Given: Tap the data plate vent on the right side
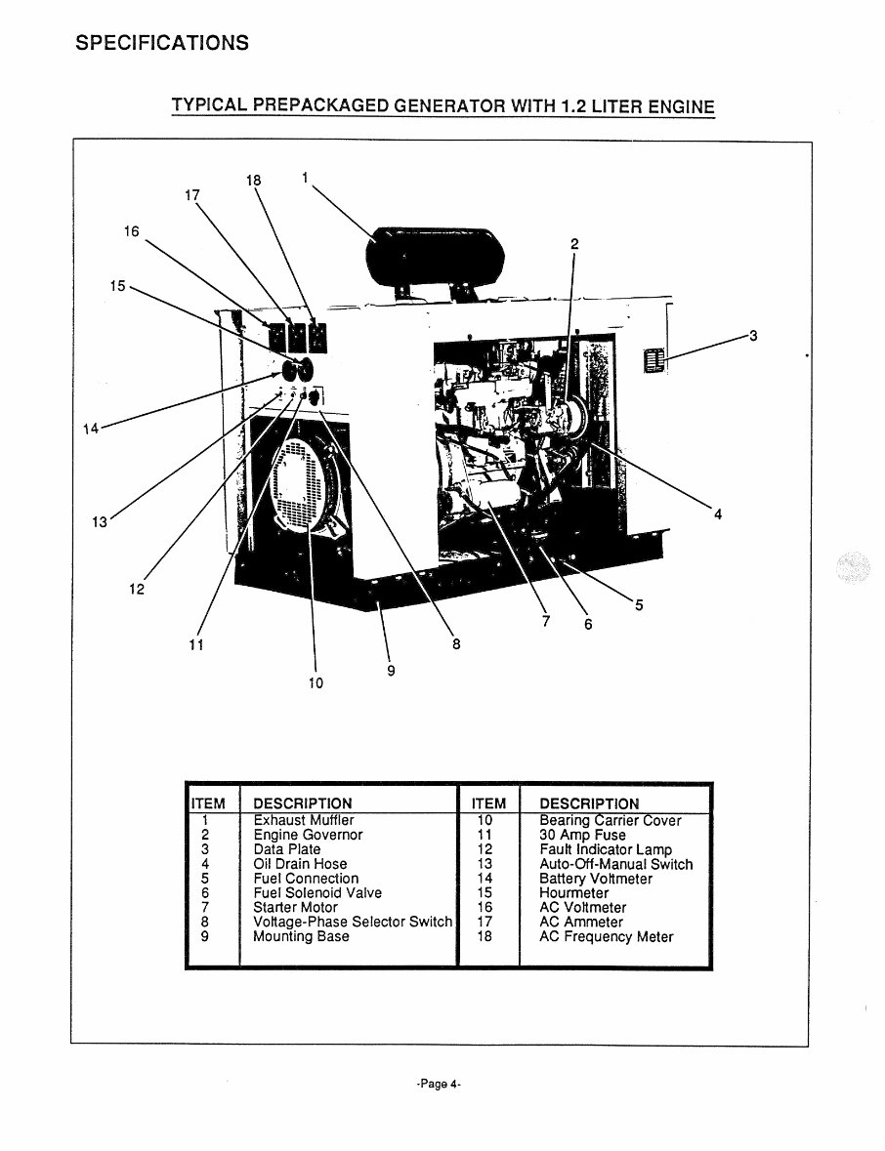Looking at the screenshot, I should (x=653, y=360).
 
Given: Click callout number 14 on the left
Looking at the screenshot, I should (x=91, y=429).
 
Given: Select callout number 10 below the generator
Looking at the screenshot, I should (x=315, y=682).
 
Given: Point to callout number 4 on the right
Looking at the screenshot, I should (x=718, y=514).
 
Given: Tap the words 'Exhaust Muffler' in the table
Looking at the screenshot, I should (x=303, y=820).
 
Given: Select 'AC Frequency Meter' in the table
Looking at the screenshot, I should (x=606, y=936).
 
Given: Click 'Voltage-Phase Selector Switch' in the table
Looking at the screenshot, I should (x=352, y=922).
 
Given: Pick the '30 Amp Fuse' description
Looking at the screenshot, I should (x=582, y=835).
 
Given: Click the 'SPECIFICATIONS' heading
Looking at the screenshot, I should (x=162, y=43).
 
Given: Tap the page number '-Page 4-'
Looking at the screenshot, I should (x=438, y=1085).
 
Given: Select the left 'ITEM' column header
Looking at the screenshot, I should (x=206, y=803).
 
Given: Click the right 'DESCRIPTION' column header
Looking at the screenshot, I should (x=589, y=803).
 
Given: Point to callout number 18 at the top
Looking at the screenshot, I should (x=254, y=181).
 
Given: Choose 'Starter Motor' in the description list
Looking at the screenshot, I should (x=295, y=907).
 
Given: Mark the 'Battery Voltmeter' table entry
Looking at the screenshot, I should (x=596, y=879).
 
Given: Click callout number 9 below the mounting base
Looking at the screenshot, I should (x=391, y=670).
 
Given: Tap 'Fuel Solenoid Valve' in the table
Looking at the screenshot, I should (x=316, y=892).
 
